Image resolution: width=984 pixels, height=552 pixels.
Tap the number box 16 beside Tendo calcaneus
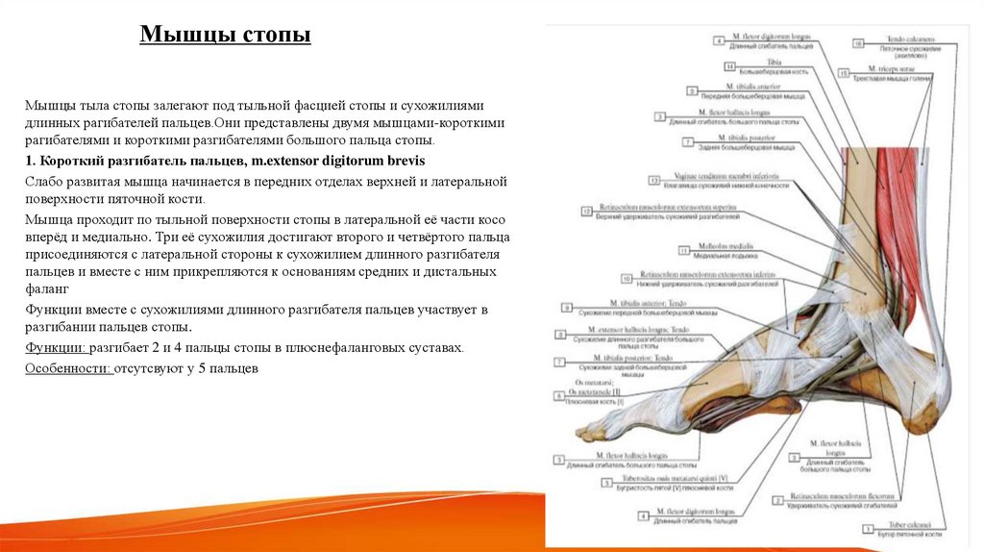click(857, 42)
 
